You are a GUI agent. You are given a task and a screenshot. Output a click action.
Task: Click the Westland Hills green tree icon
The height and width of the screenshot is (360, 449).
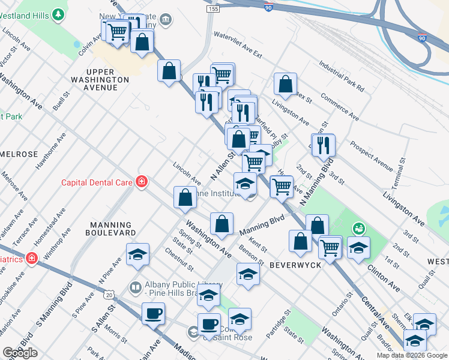pyautogui.click(x=58, y=14)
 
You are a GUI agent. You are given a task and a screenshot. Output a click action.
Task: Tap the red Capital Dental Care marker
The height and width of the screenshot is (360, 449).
pyautogui.click(x=142, y=181)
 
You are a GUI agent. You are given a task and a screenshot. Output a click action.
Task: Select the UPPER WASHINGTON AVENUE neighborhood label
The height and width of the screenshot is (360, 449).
pyautogui.click(x=99, y=79)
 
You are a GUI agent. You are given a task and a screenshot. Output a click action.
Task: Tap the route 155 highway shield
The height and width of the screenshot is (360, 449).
pyautogui.click(x=212, y=10)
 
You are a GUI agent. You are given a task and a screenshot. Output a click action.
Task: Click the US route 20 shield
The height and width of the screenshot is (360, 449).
pyautogui.click(x=108, y=295)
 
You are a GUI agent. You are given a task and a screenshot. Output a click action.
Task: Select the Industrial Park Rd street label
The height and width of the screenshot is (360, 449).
pyautogui.click(x=342, y=75)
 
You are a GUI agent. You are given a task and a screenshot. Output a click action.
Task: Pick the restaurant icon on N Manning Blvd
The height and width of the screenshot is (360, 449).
pyautogui.click(x=323, y=144)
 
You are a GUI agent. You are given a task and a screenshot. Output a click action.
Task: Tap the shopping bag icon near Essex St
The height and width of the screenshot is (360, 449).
pyautogui.click(x=285, y=83)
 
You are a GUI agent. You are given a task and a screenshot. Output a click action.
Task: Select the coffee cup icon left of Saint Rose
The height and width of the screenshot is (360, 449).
pyautogui.click(x=209, y=323)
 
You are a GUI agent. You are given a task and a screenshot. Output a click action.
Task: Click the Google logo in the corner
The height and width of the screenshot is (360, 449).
pyautogui.click(x=20, y=353)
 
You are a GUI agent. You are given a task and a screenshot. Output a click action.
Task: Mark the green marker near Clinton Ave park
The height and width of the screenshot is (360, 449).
pyautogui.click(x=359, y=228)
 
